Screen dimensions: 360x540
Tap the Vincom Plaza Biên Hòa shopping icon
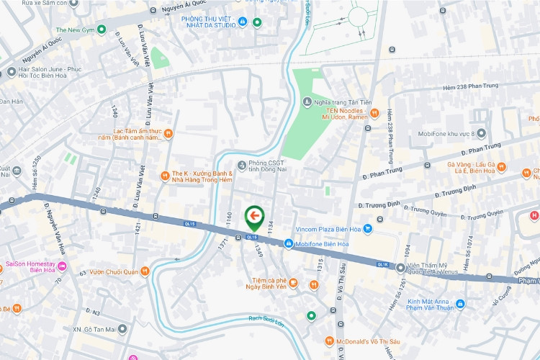367,229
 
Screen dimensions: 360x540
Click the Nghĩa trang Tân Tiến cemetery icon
308,102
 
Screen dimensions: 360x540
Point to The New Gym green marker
102,30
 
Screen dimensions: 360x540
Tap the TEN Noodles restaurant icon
374,113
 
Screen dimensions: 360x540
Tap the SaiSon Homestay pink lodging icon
62,266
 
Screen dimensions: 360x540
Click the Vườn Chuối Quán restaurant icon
145,271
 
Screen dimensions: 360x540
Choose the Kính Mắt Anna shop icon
460,305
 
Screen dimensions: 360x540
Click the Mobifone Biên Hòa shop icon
288,245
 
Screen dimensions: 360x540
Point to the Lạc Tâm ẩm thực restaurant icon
168,132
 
